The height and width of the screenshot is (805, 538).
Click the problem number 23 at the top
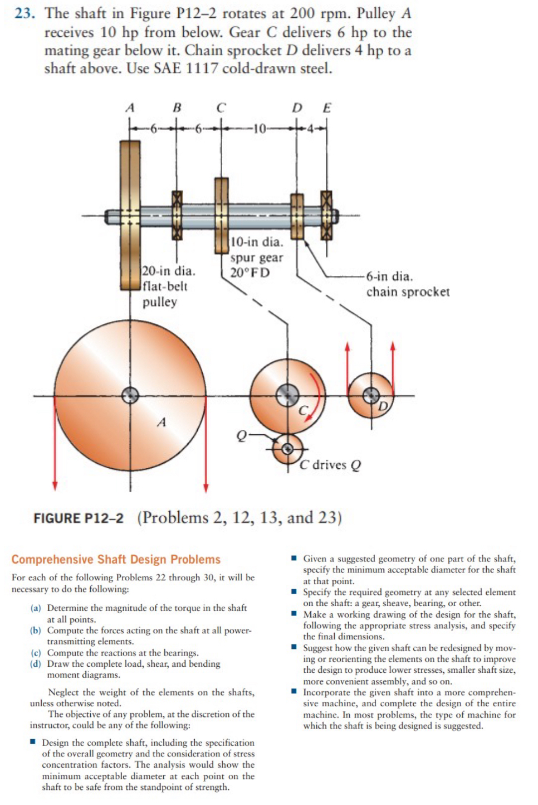(x=25, y=13)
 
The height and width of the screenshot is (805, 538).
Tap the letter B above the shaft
(x=177, y=108)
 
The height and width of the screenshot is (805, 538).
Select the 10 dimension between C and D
(x=259, y=129)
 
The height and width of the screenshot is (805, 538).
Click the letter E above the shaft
(x=327, y=108)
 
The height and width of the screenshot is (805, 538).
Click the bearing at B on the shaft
(x=177, y=215)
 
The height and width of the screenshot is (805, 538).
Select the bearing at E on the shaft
(x=326, y=215)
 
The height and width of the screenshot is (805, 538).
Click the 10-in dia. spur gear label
(x=256, y=257)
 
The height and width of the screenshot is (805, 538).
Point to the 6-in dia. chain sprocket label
(x=407, y=284)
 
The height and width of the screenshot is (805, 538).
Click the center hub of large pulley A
(x=130, y=395)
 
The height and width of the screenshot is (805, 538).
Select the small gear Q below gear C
(x=287, y=449)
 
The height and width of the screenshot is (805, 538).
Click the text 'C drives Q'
(x=330, y=465)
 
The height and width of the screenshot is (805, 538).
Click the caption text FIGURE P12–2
(x=79, y=518)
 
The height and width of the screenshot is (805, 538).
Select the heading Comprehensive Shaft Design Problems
(x=116, y=560)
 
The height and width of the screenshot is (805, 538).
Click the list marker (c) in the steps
(x=36, y=653)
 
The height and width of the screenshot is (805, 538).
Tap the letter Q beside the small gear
(x=241, y=435)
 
